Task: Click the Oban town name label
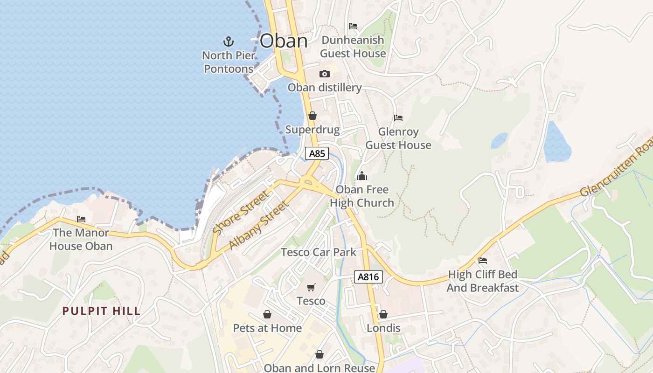click(284, 41)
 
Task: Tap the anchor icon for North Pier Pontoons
click(228, 41)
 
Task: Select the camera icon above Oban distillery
click(325, 74)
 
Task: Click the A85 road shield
click(317, 153)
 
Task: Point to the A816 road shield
click(368, 277)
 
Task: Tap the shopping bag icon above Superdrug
click(313, 116)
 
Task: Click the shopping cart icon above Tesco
click(311, 287)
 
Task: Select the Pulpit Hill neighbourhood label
click(102, 311)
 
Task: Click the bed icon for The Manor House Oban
click(81, 219)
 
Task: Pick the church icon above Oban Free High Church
click(361, 176)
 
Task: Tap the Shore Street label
click(241, 212)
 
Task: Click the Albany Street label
click(259, 225)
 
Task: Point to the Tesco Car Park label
click(319, 252)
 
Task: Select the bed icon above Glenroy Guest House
click(398, 118)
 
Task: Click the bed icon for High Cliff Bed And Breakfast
click(483, 260)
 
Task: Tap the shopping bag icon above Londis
click(383, 314)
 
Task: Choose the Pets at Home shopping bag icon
click(267, 314)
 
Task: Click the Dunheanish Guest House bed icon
click(353, 26)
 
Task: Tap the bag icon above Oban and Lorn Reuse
click(320, 354)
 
